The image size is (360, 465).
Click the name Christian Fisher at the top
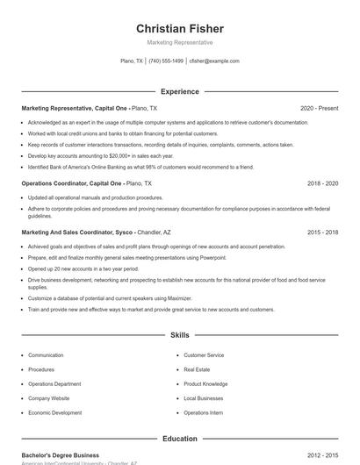point(179,28)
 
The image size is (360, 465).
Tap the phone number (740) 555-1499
point(166,61)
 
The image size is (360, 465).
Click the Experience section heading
point(179,91)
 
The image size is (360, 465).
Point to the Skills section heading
point(179,335)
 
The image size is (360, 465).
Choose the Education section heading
point(179,438)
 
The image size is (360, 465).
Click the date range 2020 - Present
point(319,108)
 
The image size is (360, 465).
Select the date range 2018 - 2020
point(322,183)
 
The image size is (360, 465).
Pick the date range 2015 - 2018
point(322,232)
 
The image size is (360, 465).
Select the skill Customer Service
point(204,355)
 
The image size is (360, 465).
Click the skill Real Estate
point(196,369)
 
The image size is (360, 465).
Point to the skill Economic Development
point(54,412)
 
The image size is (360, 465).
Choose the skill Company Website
point(48,398)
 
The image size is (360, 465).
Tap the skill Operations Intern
point(203,412)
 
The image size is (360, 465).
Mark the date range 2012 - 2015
point(322,455)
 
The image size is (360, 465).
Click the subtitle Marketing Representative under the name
point(179,42)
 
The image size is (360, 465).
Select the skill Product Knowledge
point(205,383)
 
